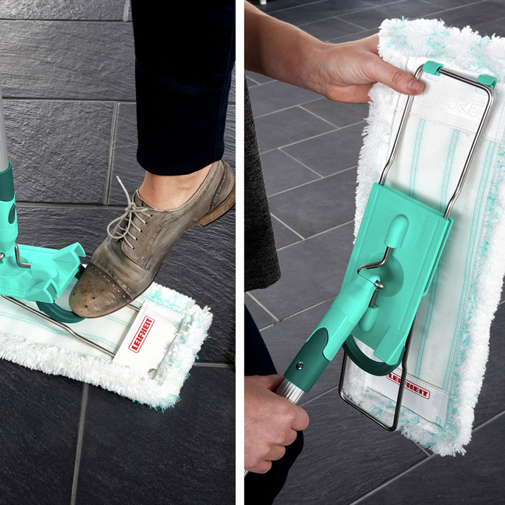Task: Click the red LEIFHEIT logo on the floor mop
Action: pyautogui.click(x=141, y=334)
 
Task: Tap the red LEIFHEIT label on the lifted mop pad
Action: pyautogui.click(x=408, y=386)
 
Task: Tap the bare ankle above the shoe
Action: pyautogui.click(x=167, y=187)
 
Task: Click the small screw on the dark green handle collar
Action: pyautogui.click(x=299, y=365)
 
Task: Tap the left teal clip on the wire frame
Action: pyautogui.click(x=432, y=68)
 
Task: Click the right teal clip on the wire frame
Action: pyautogui.click(x=487, y=81)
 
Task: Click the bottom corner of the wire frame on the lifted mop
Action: pyautogui.click(x=392, y=429)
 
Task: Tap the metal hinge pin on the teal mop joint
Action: pyautogui.click(x=376, y=292)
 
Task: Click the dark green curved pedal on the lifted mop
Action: pyautogui.click(x=371, y=360)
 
